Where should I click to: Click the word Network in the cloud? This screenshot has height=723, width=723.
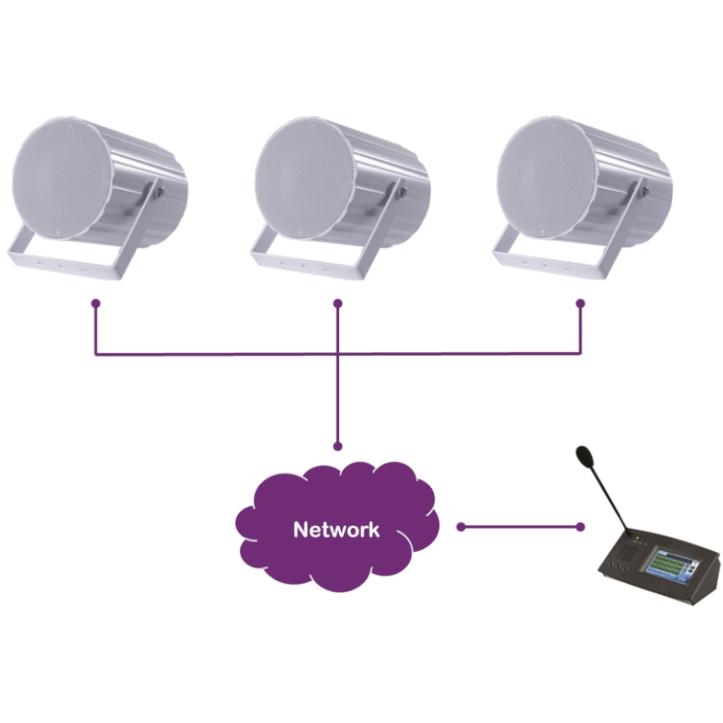tap(336, 529)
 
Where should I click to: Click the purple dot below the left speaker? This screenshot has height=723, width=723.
tap(96, 303)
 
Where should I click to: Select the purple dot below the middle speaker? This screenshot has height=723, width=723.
tap(338, 303)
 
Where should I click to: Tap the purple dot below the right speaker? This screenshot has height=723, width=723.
tap(580, 303)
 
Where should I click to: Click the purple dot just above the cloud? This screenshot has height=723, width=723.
tap(338, 446)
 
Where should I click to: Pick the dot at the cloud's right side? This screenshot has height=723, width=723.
tap(461, 527)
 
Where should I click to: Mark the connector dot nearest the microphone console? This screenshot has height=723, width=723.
tap(580, 527)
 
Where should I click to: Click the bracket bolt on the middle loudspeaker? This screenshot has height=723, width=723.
tap(402, 191)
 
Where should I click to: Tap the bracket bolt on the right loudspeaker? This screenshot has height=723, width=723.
tap(645, 191)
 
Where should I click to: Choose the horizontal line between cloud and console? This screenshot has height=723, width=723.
tap(521, 527)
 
